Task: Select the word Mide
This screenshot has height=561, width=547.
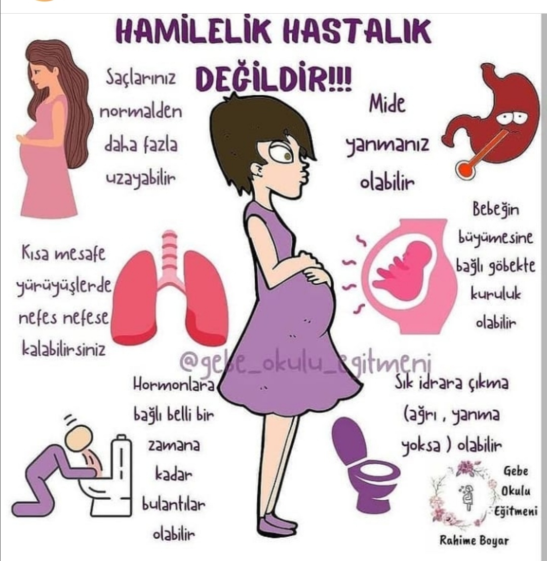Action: click(387, 104)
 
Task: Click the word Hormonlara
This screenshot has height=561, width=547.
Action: click(174, 385)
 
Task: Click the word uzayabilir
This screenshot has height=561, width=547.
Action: click(141, 179)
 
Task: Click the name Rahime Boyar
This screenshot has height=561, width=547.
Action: click(474, 540)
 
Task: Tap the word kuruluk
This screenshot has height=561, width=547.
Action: click(495, 294)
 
